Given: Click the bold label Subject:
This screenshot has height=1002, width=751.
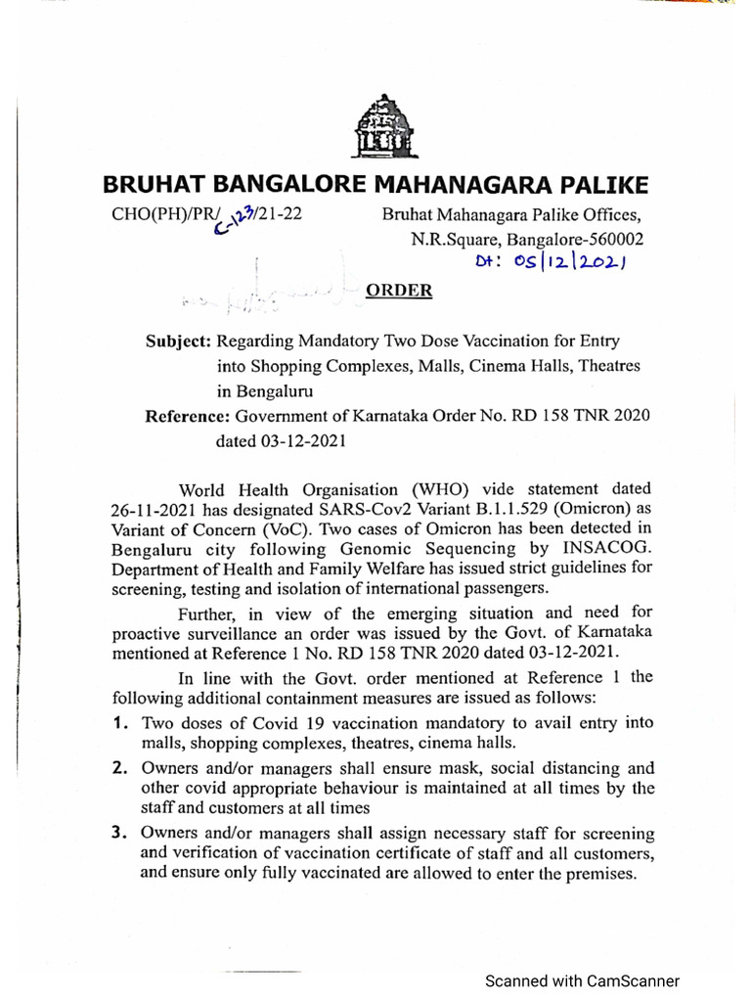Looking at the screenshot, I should pyautogui.click(x=178, y=342).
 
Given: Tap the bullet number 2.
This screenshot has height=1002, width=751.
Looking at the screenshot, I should pyautogui.click(x=118, y=768).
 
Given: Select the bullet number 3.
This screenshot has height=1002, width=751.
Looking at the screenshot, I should pyautogui.click(x=118, y=834).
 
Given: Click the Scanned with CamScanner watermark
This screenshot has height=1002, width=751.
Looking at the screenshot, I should pyautogui.click(x=582, y=980).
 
